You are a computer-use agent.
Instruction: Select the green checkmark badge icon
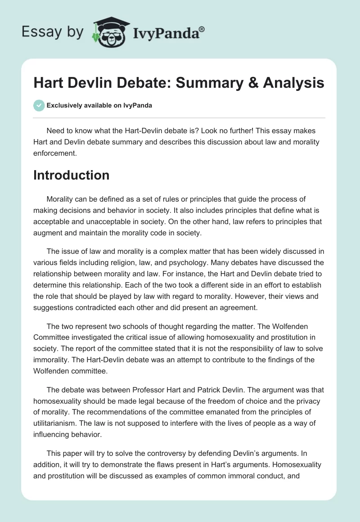point(38,106)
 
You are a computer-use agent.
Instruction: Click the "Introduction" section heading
point(71,175)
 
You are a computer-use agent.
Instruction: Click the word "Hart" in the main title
point(49,83)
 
